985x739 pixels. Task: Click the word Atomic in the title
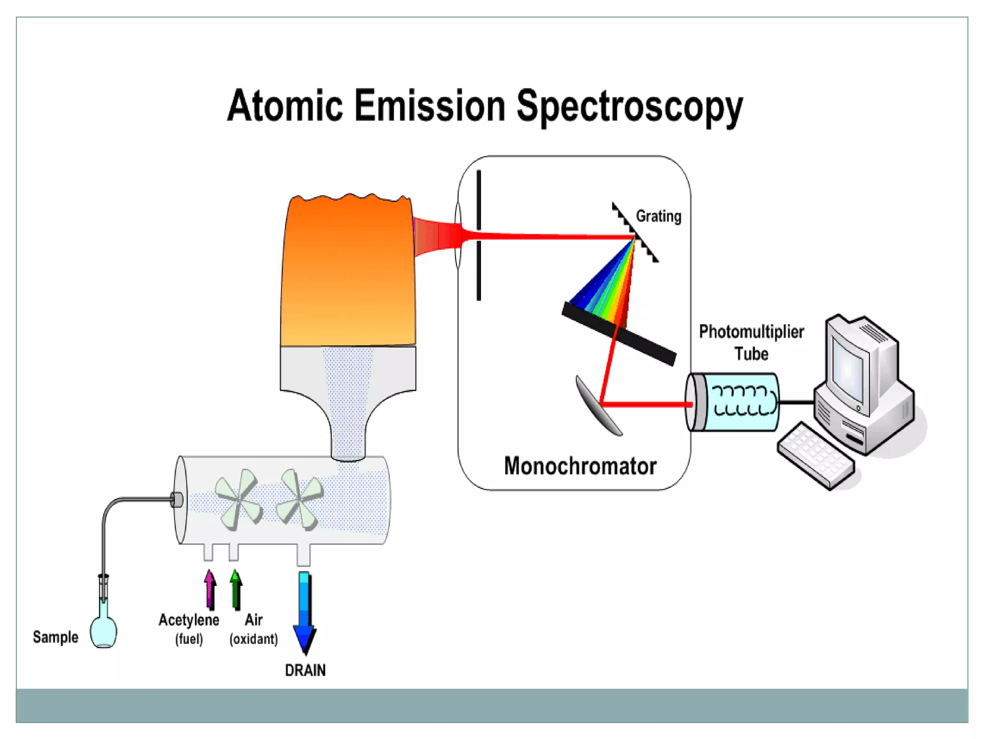[x=285, y=105]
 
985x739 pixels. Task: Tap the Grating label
[x=658, y=217]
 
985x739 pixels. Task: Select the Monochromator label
[x=580, y=466]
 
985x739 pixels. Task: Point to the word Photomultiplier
[x=751, y=331]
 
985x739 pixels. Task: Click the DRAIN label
[x=305, y=670]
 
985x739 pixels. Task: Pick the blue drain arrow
[x=304, y=611]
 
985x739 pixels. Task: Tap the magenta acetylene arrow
[x=210, y=589]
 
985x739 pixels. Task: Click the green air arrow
[x=236, y=589]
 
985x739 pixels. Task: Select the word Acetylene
[x=189, y=620]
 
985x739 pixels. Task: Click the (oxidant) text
[x=253, y=639]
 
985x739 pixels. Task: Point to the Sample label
[x=55, y=637]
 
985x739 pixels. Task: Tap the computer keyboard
[x=815, y=455]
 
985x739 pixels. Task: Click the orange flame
[x=347, y=269]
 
